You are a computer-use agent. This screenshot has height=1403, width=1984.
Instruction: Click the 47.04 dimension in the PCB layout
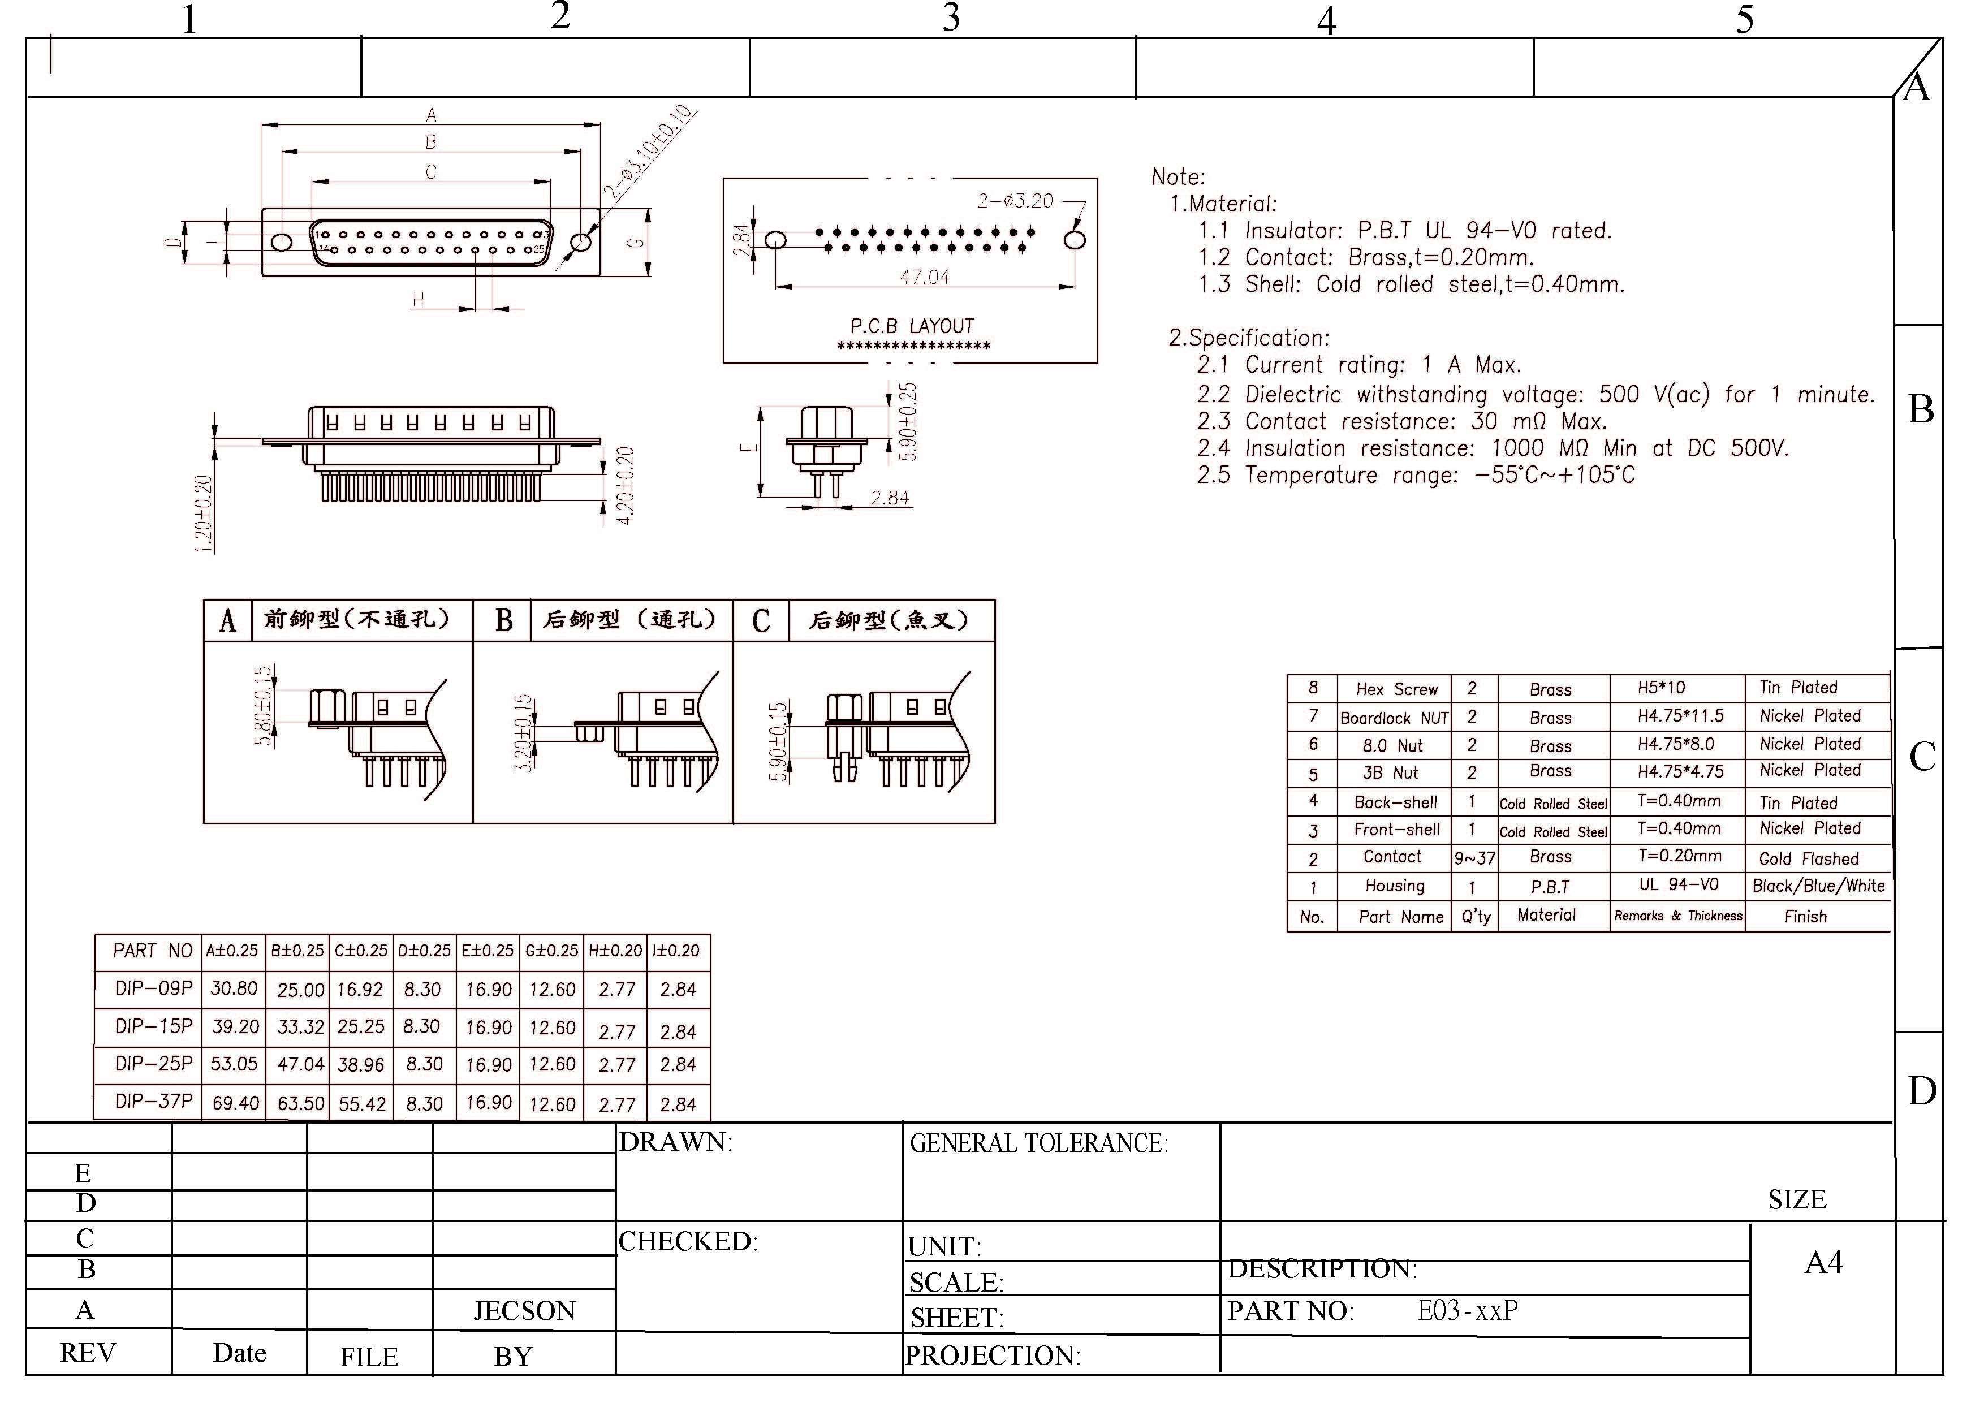point(925,277)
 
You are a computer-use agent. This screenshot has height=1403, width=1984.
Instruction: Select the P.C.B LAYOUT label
point(912,326)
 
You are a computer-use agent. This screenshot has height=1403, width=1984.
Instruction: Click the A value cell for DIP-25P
point(234,1064)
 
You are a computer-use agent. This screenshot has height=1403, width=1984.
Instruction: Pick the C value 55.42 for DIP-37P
point(362,1104)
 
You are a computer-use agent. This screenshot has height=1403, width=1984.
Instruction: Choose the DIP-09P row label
point(154,988)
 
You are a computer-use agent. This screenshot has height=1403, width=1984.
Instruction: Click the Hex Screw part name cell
point(1396,689)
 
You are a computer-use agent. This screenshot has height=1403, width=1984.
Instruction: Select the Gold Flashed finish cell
point(1809,859)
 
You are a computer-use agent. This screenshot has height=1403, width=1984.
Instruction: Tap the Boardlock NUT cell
point(1394,718)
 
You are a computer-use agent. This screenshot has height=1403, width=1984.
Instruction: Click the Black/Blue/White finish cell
point(1818,886)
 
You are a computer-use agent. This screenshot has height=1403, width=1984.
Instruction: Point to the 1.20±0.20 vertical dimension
point(203,514)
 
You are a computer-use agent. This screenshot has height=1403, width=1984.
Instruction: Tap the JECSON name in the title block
point(524,1311)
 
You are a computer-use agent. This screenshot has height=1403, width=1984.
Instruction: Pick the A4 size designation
point(1823,1263)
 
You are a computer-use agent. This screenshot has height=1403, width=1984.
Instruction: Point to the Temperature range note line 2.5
point(1416,475)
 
